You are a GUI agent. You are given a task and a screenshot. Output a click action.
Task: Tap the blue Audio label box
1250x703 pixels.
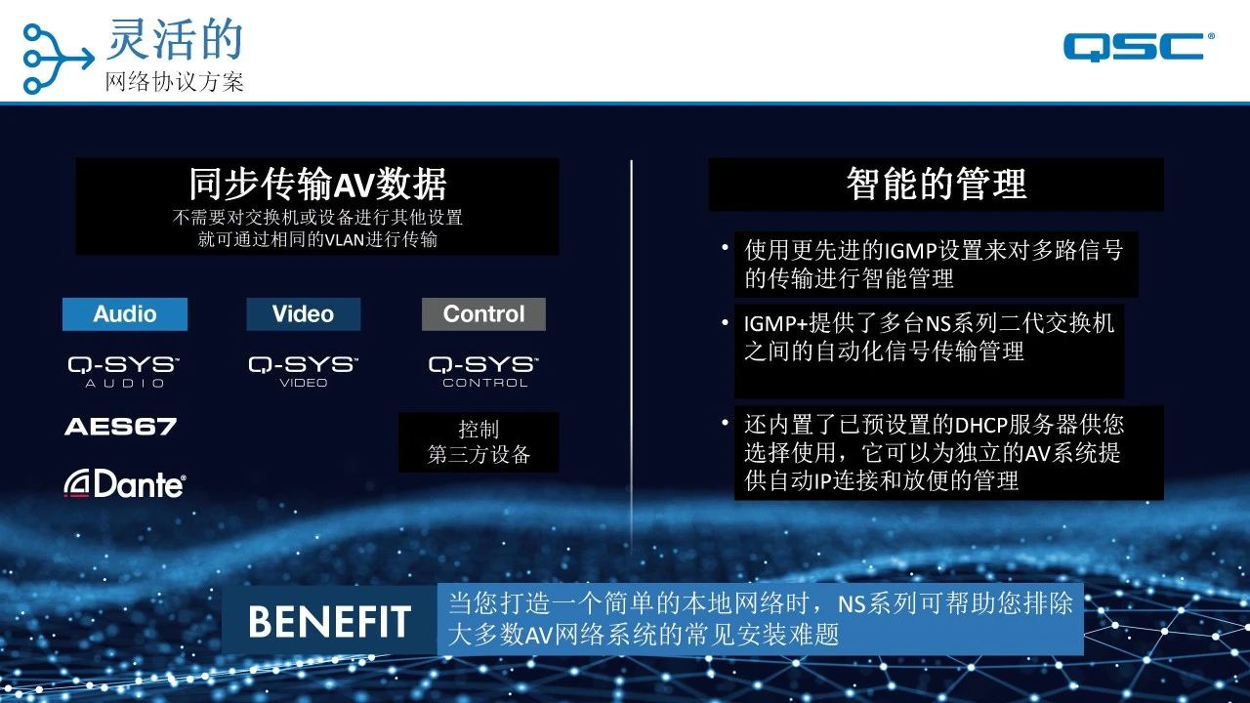125,314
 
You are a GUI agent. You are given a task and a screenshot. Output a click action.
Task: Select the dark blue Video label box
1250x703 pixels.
304,314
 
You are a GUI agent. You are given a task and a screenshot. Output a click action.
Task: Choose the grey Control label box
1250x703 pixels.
483,314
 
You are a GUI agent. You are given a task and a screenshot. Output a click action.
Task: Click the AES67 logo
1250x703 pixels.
120,427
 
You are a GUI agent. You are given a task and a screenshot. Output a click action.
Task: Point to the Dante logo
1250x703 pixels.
125,483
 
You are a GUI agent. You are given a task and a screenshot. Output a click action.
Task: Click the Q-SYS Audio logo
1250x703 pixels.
124,371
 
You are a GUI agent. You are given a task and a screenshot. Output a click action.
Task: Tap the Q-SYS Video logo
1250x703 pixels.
304,371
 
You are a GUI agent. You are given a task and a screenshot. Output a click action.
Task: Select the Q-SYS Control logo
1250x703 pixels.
483,371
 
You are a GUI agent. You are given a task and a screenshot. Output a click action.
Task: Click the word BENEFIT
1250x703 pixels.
329,622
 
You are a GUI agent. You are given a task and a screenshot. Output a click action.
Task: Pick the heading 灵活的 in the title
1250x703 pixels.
175,39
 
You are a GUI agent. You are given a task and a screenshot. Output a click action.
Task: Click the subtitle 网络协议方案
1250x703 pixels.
175,82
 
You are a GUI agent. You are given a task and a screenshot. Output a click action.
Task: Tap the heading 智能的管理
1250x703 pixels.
937,185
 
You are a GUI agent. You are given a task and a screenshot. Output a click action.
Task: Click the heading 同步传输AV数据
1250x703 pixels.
317,185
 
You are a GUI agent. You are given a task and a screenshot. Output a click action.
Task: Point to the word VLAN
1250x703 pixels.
345,240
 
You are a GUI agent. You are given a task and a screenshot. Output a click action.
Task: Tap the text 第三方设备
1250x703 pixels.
479,454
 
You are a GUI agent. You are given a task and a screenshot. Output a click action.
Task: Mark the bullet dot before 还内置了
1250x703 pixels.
725,423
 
